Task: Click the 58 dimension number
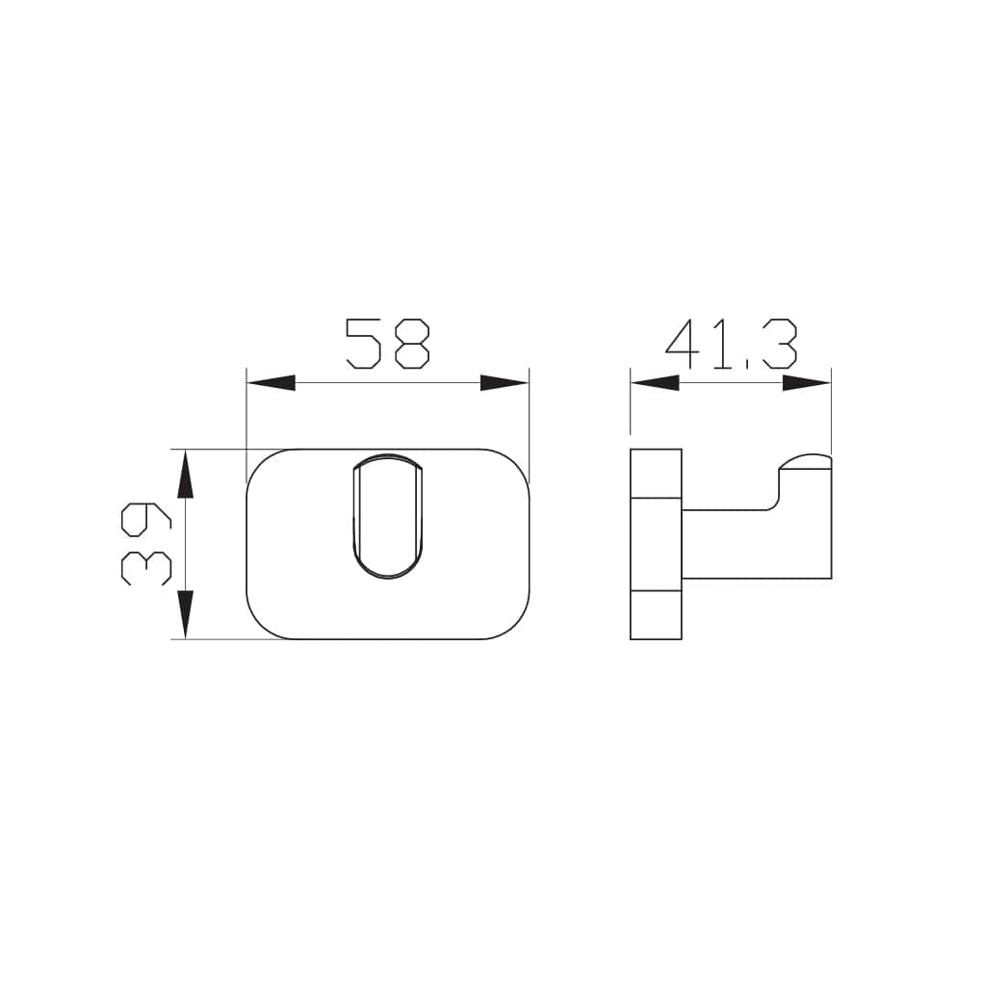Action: tap(387, 344)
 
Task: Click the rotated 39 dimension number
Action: tap(145, 544)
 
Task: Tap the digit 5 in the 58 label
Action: tap(364, 344)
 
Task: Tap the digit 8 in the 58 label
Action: tap(411, 344)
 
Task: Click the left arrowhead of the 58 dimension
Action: tap(271, 382)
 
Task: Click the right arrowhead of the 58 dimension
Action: tap(504, 382)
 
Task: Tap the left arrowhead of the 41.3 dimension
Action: tap(655, 382)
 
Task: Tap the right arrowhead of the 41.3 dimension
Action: tap(807, 382)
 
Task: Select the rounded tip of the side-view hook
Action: tap(804, 459)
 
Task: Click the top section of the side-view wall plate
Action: tap(656, 473)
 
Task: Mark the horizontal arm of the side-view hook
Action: tap(732, 544)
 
